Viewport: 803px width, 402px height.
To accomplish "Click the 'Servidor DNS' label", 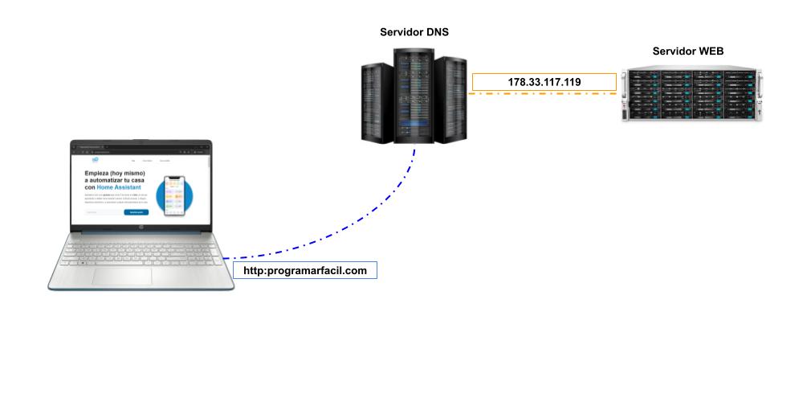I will pos(414,33).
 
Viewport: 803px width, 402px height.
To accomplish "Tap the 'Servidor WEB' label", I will pos(687,51).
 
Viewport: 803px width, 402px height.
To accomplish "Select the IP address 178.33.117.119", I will pos(544,81).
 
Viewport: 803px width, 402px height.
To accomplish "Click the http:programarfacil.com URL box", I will pos(304,271).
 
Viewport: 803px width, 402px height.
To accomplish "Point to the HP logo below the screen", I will pos(140,228).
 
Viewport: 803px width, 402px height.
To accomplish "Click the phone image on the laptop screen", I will pos(174,195).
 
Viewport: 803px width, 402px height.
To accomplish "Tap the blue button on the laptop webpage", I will pos(137,212).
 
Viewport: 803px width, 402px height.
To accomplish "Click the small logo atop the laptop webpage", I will pos(95,160).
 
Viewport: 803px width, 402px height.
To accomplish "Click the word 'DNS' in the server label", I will pos(434,33).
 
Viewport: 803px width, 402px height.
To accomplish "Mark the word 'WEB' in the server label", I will pos(710,51).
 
